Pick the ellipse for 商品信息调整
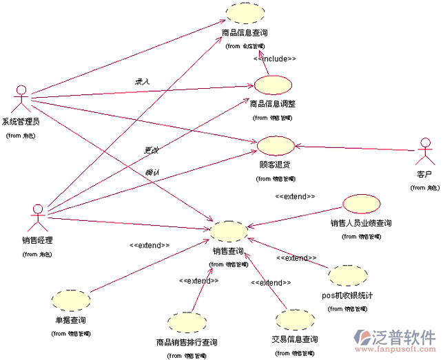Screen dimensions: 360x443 point(273,85)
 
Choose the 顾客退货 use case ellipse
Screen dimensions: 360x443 point(275,146)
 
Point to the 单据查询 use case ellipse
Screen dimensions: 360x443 point(71,300)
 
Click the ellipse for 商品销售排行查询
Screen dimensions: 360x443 point(186,323)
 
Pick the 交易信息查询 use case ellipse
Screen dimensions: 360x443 point(294,321)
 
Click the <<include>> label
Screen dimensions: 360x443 point(275,59)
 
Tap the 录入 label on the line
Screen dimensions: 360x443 point(142,81)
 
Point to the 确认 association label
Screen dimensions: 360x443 point(152,172)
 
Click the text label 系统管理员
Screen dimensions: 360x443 point(21,122)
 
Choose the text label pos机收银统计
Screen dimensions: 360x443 point(347,296)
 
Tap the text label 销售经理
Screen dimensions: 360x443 point(37,240)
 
